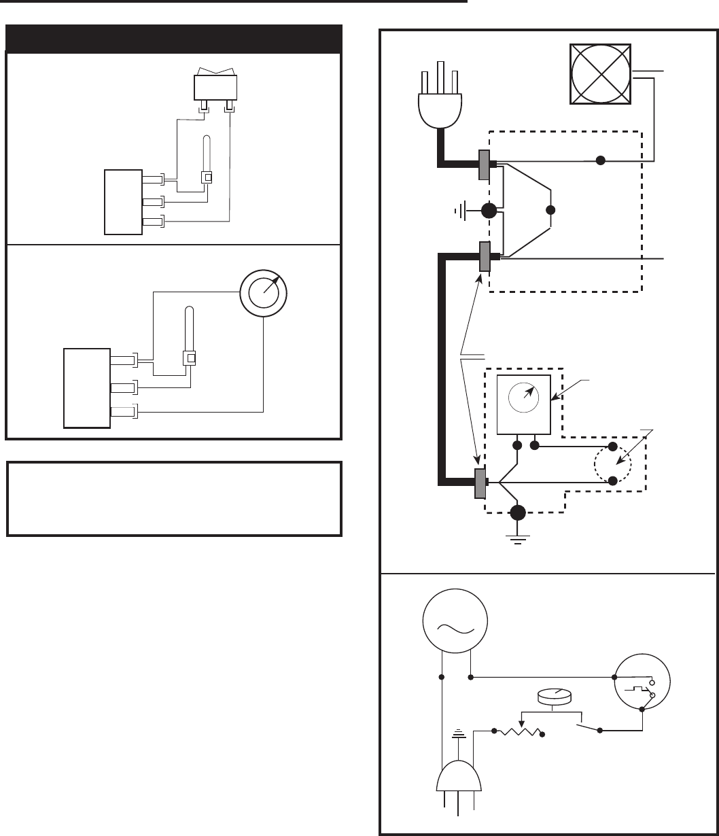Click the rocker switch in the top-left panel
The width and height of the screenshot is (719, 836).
point(215,86)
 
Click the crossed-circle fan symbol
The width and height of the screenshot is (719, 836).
point(601,75)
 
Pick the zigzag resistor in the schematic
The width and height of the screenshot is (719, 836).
point(521,732)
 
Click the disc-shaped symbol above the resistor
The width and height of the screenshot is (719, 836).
point(554,696)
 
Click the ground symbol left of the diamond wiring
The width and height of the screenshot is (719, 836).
point(457,211)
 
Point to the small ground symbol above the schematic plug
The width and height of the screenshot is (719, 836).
point(459,734)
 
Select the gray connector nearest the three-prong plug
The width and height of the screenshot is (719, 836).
point(485,164)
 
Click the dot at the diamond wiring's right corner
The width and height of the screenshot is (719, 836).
point(551,210)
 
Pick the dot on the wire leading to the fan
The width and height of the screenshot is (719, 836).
point(600,162)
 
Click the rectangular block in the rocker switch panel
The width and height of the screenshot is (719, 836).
point(123,202)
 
